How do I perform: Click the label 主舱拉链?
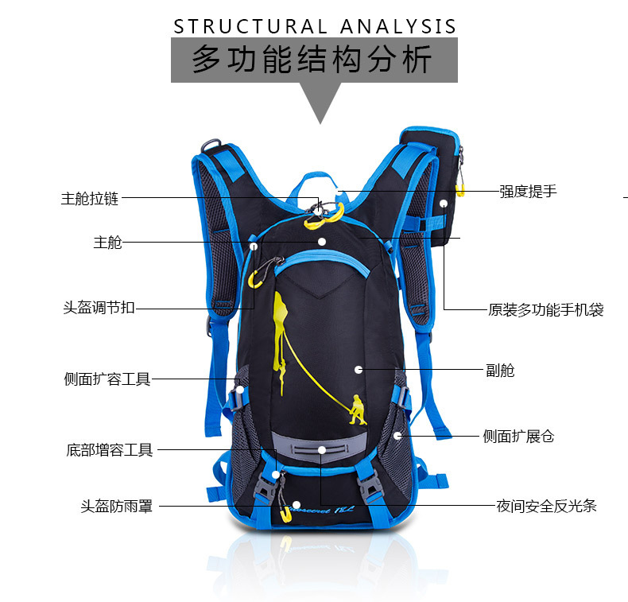(90, 199)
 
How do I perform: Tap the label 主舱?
(107, 243)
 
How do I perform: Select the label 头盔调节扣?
(99, 308)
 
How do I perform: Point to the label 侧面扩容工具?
(107, 379)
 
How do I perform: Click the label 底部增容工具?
(109, 450)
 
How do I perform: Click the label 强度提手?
(528, 191)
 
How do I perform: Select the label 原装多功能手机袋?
(545, 309)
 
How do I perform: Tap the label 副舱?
(500, 370)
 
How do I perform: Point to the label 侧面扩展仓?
(518, 436)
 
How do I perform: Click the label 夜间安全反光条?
(546, 505)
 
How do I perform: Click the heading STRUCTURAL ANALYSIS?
(316, 26)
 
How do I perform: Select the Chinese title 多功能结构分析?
(314, 60)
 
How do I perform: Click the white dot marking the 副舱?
(359, 370)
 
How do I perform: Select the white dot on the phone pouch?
(444, 204)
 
